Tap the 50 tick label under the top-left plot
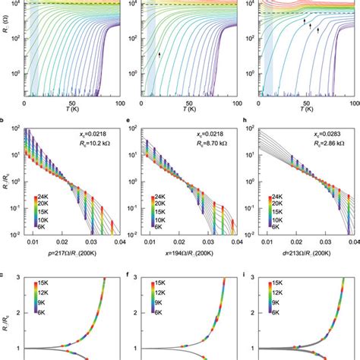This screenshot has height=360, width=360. [71, 102]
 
